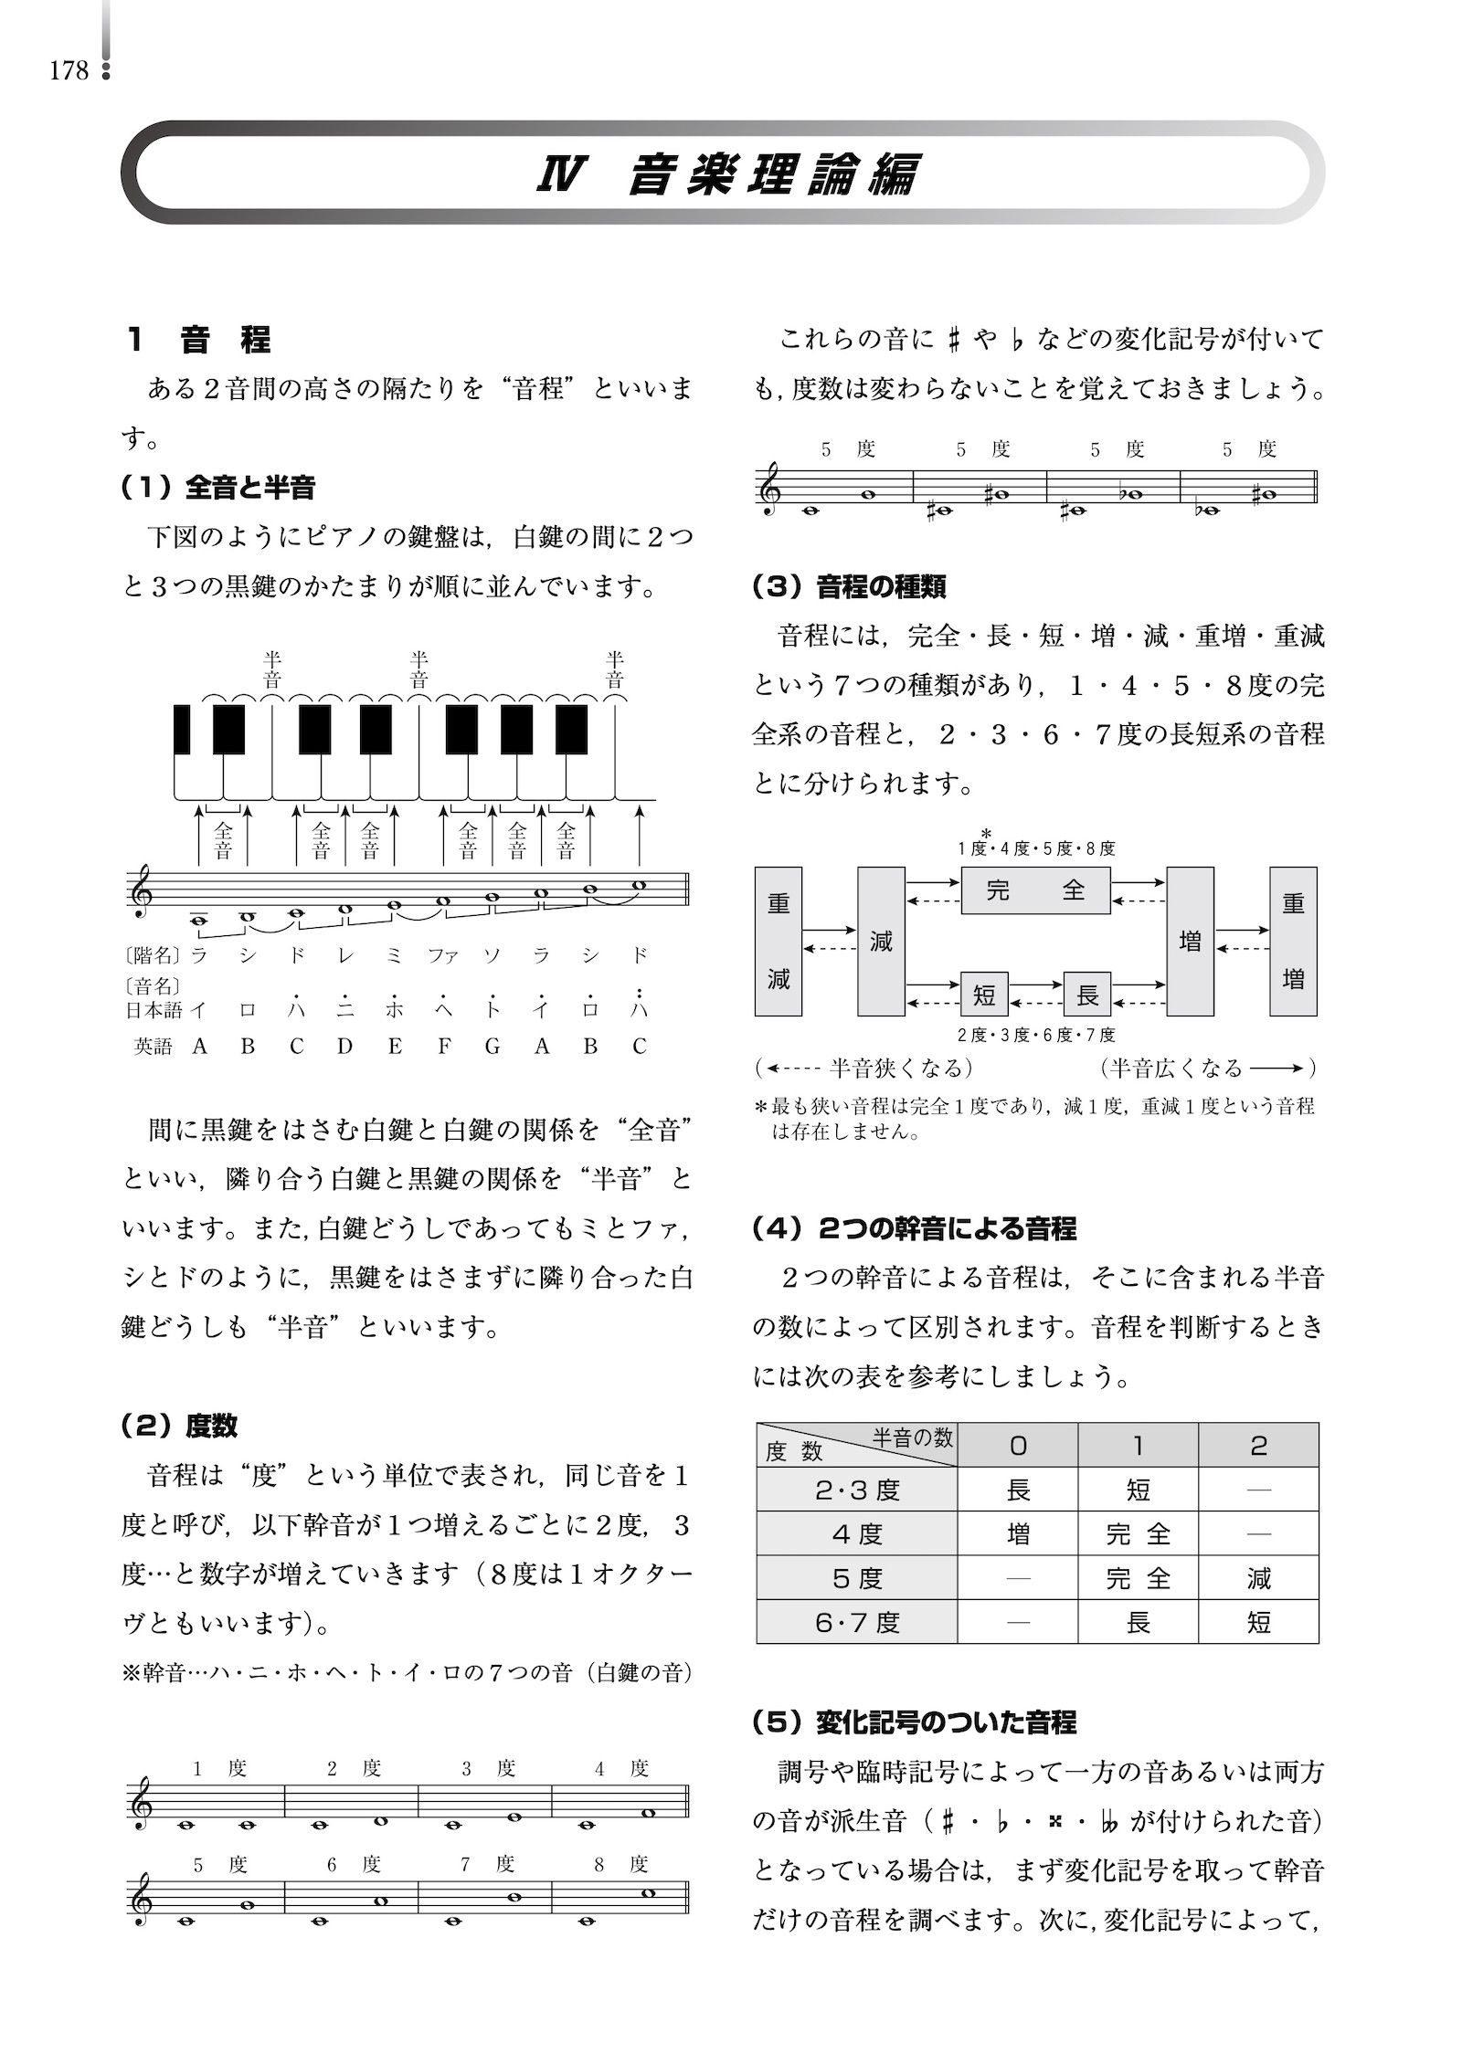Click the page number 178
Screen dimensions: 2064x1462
click(69, 71)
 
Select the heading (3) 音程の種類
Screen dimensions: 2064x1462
click(849, 586)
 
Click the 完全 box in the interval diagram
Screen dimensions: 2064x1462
click(1035, 890)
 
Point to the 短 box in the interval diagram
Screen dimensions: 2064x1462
click(983, 994)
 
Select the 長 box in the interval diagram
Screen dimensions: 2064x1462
click(1086, 994)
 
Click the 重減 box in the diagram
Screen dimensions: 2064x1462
click(778, 941)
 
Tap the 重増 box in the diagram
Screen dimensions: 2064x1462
click(1293, 941)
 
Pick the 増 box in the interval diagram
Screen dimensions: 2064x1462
click(1190, 941)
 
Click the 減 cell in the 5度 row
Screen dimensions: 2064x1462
click(1258, 1578)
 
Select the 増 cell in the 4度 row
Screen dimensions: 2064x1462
click(1017, 1533)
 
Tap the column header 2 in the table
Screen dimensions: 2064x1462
click(1258, 1446)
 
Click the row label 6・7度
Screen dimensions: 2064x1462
click(857, 1623)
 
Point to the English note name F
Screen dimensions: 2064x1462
click(443, 1047)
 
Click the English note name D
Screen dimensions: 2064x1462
click(344, 1047)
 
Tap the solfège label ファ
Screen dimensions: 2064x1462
click(443, 955)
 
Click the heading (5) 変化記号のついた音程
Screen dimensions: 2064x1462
click(914, 1723)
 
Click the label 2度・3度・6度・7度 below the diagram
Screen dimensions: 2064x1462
click(1035, 1035)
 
